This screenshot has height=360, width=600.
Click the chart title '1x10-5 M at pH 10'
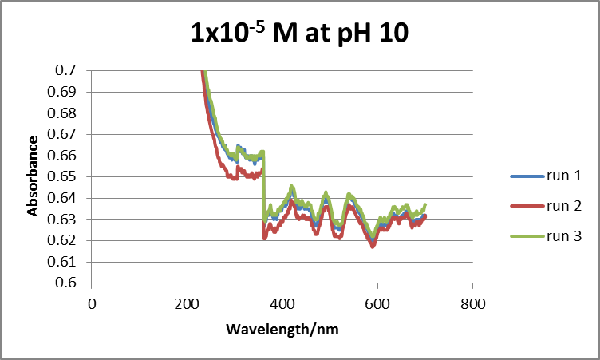(300, 34)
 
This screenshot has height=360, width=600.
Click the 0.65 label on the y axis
(66, 176)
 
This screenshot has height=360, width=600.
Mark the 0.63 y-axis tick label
(66, 219)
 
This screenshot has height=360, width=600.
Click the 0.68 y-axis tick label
(66, 113)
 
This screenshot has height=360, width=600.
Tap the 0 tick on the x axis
(92, 303)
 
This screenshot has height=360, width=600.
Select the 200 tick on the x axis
(187, 303)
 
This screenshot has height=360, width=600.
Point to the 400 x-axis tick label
(282, 303)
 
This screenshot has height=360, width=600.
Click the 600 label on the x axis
(377, 303)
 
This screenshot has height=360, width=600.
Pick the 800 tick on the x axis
(472, 303)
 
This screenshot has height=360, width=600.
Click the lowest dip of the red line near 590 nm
(372, 247)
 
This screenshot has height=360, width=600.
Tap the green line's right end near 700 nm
(424, 205)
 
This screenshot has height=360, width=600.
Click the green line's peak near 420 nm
(292, 187)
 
